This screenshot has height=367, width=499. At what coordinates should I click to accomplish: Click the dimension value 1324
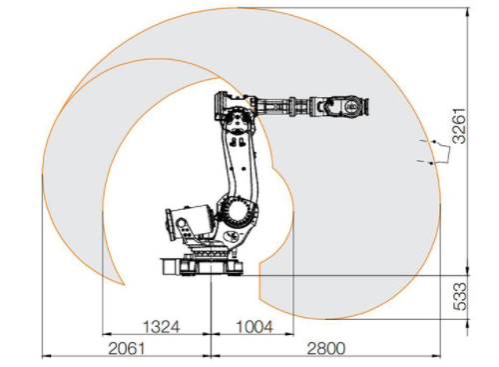(x=162, y=327)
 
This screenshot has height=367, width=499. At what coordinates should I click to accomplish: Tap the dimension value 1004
(x=254, y=327)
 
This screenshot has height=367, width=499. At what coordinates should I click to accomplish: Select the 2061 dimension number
(x=127, y=349)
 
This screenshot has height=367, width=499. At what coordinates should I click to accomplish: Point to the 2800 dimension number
(x=326, y=349)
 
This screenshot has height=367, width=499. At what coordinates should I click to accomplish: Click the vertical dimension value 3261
(x=460, y=125)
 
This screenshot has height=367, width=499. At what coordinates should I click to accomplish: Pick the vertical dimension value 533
(x=460, y=296)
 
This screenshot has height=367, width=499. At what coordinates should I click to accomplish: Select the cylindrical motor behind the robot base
(x=190, y=223)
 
